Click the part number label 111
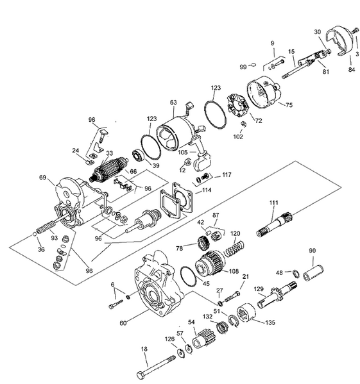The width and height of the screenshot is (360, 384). pyautogui.click(x=274, y=203)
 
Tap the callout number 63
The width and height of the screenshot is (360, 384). pyautogui.click(x=173, y=102)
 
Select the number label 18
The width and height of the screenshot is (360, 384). pyautogui.click(x=144, y=349)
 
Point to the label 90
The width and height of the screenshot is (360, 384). pyautogui.click(x=313, y=251)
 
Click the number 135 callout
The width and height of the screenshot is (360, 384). pyautogui.click(x=270, y=322)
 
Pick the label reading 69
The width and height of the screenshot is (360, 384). pyautogui.click(x=42, y=177)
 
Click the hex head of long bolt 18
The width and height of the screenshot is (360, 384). pyautogui.click(x=141, y=375)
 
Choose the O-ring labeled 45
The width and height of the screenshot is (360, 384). pyautogui.click(x=188, y=276)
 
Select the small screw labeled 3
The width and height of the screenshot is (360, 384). pyautogui.click(x=355, y=31)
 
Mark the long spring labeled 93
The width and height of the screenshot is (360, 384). pyautogui.click(x=46, y=227)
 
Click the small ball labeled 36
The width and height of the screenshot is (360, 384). pyautogui.click(x=35, y=234)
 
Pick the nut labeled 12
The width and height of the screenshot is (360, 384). pyautogui.click(x=187, y=162)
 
